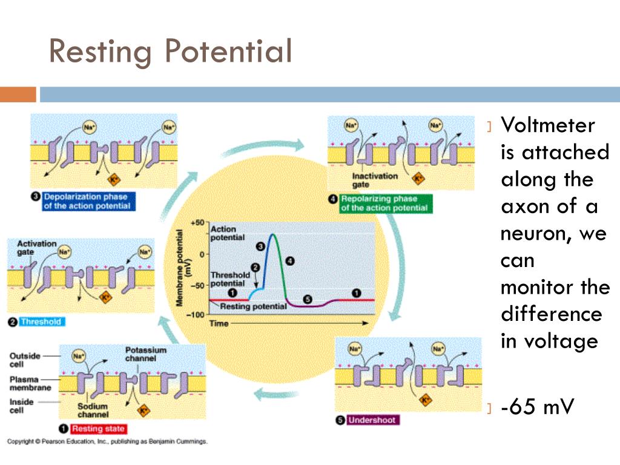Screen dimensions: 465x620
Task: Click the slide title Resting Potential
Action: point(170,51)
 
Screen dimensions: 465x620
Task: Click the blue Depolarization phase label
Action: point(87,202)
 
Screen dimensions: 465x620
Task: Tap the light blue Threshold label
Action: point(41,322)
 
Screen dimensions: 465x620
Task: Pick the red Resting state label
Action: point(98,429)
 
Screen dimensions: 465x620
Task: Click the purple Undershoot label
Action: point(372,420)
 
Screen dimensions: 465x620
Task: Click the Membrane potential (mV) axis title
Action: point(183,269)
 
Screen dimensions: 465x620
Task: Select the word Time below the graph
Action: point(219,324)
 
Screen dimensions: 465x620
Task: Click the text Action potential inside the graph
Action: point(223,234)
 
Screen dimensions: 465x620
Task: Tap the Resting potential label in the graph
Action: point(253,307)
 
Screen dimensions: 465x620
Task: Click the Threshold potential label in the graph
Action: point(229,279)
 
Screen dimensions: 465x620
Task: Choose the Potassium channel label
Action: point(145,354)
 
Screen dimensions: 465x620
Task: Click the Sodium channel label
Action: point(93,411)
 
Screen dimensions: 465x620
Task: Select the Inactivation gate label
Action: point(375,180)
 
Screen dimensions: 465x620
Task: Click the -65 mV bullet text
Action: point(536,407)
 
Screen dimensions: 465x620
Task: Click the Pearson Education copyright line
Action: point(108,441)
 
